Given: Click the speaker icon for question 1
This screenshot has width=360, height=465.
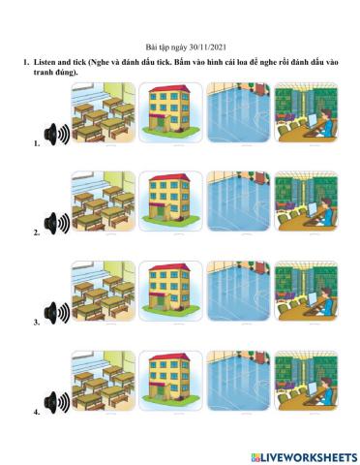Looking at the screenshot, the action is click(57, 134).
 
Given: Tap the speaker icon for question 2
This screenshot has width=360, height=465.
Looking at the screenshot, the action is click(57, 223).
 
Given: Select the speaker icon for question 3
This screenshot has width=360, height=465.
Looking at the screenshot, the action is click(57, 313).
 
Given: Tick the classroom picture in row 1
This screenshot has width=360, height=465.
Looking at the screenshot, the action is click(104, 112).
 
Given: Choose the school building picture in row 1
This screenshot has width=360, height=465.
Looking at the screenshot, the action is click(171, 112).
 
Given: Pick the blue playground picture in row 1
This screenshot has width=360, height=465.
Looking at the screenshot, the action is click(238, 112).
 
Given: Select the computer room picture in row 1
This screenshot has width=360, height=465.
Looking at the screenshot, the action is click(306, 112).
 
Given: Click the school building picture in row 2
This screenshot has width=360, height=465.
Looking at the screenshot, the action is click(171, 201).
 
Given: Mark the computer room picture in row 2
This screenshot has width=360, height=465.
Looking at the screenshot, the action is click(306, 201).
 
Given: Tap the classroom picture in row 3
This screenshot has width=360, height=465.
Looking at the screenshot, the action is click(104, 291).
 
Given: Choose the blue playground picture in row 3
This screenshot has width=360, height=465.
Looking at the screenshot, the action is click(238, 291).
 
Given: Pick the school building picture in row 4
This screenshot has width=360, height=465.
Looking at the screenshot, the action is click(171, 381).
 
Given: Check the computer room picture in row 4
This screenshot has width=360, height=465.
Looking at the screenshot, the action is click(306, 381).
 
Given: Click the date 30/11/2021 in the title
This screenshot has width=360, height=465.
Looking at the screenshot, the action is click(208, 47).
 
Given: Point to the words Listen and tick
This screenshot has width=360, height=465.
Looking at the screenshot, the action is click(60, 62).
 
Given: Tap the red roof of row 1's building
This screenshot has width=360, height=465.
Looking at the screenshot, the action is click(169, 88).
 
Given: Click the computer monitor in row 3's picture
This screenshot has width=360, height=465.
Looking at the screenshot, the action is click(312, 298).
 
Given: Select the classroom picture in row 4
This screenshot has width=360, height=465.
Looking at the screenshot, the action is click(104, 381).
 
